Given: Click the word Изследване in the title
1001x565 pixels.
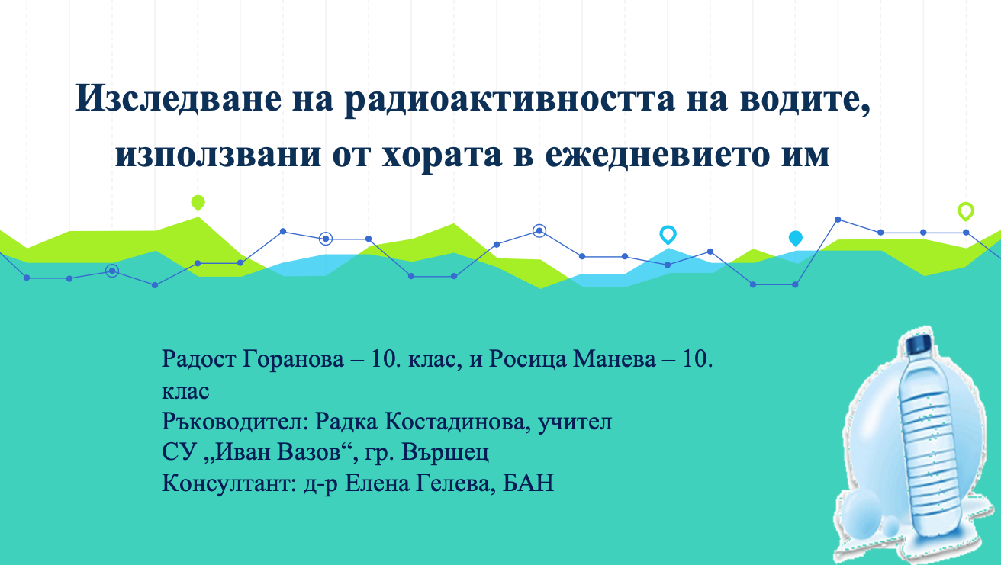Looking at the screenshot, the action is click(179, 98).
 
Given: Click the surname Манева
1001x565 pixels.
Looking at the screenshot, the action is click(614, 358).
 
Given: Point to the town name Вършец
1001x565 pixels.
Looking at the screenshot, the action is click(445, 452).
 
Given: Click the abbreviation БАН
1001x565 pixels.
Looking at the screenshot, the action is click(528, 483).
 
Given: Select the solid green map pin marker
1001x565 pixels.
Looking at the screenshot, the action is click(198, 203).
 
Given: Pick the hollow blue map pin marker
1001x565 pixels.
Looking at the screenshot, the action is click(668, 235).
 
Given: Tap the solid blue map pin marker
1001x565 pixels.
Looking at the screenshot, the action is click(796, 239).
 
